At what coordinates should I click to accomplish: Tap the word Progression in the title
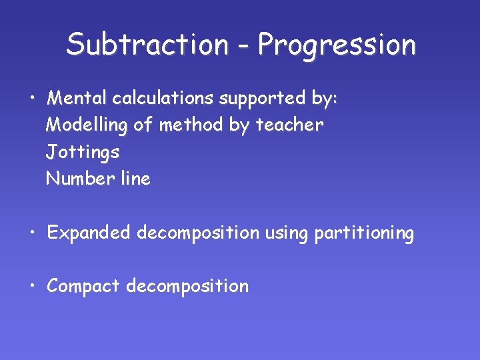click(x=337, y=45)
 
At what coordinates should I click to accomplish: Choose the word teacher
click(x=290, y=125)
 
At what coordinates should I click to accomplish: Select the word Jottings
click(x=83, y=153)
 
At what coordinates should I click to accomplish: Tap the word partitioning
click(x=364, y=233)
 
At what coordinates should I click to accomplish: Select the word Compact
click(x=83, y=287)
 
